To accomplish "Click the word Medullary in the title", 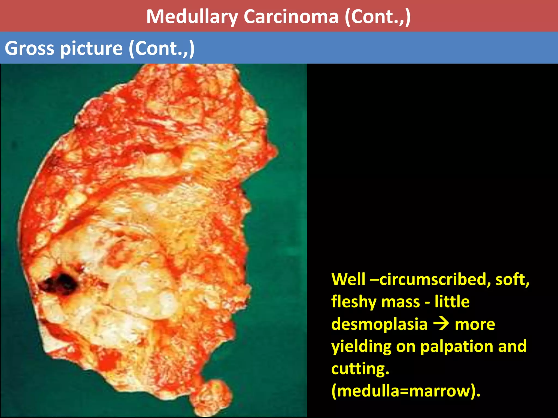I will [192, 17].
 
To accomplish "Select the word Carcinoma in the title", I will [291, 17].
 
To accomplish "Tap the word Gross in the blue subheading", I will [29, 48].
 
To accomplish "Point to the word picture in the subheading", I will [91, 48].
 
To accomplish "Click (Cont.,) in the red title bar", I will [378, 17].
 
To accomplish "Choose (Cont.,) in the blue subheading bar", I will [162, 48].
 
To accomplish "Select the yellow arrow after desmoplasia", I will [441, 324].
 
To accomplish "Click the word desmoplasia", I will [379, 324].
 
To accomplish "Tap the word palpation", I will [457, 347].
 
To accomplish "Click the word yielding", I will [361, 347].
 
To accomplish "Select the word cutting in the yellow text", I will [360, 369].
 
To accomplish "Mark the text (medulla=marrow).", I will [406, 391].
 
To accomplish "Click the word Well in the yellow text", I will [348, 279].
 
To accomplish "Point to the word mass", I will [401, 302].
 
